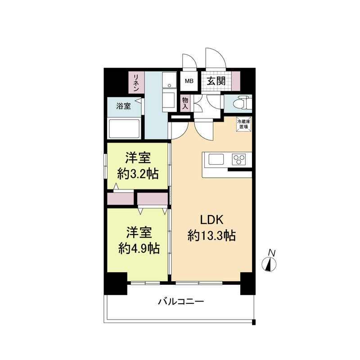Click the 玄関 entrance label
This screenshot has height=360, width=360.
pos(216,81)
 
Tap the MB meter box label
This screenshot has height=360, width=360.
pos(189,81)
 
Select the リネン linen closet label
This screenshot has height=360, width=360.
pos(135,82)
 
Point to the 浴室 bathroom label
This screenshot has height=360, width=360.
pos(123,106)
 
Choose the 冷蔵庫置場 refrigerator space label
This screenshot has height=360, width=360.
pos(244,123)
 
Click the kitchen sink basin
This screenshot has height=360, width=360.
pos(216,159)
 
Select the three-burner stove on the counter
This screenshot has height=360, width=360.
pos(238,159)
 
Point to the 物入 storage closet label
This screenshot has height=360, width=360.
pos(185,102)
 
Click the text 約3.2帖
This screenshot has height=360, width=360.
pos(138,173)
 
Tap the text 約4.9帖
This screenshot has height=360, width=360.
pos(138,247)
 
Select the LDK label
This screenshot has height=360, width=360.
pos(211,220)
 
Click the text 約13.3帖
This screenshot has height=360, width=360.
pos(211,235)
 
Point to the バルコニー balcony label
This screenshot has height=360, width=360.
pos(181,301)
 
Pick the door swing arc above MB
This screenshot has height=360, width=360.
pos(188,62)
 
